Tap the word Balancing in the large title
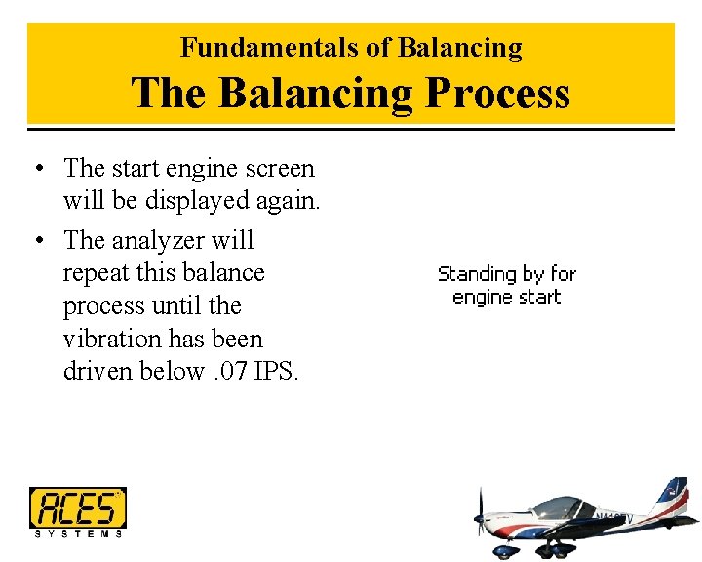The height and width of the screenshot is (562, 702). coord(316,94)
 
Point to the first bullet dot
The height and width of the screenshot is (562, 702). coord(36,169)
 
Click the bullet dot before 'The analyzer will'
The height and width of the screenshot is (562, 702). coord(36,241)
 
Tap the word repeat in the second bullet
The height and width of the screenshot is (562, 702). coord(94,273)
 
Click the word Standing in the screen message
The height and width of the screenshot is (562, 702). coord(477,274)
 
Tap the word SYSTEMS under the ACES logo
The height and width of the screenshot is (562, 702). coord(78,533)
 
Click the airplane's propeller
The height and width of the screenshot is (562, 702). coord(479,516)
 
